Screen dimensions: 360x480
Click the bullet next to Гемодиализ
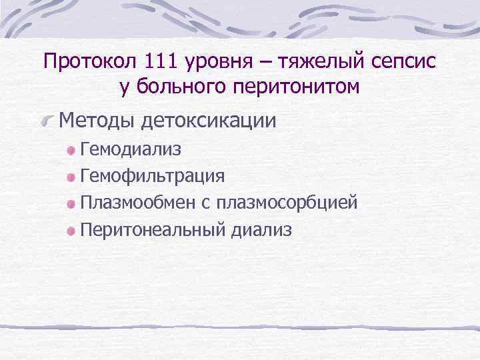(x=71, y=151)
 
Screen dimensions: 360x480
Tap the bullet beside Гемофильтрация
(x=71, y=178)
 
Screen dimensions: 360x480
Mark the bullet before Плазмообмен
(x=71, y=204)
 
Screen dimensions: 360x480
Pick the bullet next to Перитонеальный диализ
(x=71, y=231)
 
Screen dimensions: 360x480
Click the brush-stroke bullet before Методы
(x=48, y=121)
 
